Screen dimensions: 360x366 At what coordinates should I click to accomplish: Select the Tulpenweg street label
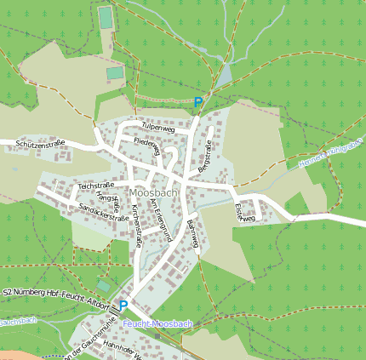[x=158, y=127]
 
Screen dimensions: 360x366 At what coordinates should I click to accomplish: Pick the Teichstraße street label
[x=96, y=185]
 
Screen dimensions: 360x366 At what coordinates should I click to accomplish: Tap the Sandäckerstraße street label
[x=103, y=213]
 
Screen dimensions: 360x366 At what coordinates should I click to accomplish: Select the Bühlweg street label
[x=193, y=232]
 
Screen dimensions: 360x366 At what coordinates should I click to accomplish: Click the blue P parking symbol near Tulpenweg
[x=198, y=103]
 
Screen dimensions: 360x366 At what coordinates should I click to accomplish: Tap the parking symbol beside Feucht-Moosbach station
[x=123, y=306]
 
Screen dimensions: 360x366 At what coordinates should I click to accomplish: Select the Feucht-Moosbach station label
[x=157, y=324]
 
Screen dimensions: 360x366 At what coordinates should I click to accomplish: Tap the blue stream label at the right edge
[x=332, y=152]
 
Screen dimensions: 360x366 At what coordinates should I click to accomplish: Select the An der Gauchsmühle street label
[x=85, y=337]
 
